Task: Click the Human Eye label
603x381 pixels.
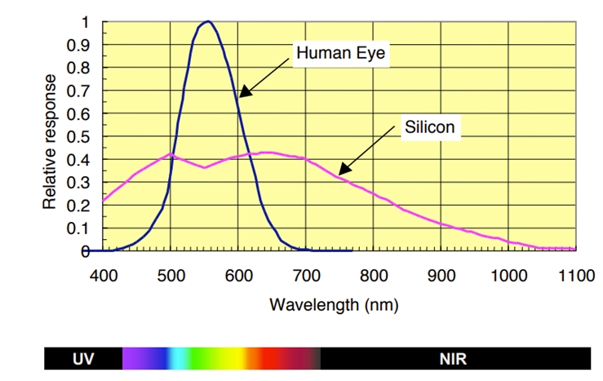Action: click(x=340, y=54)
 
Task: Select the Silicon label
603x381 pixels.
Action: click(x=429, y=128)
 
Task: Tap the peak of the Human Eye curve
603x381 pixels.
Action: click(x=208, y=22)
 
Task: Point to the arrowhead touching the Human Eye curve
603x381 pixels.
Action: click(x=242, y=95)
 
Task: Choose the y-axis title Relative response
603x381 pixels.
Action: click(x=51, y=141)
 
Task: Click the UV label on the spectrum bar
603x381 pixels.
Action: click(x=83, y=357)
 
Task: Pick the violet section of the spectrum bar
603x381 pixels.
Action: click(x=135, y=357)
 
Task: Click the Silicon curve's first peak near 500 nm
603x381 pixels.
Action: click(x=170, y=153)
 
